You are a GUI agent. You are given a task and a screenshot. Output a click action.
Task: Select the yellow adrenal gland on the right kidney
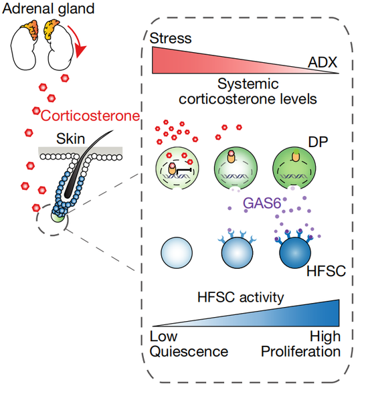click(x=51, y=29)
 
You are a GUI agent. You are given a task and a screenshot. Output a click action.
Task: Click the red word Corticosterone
click(x=90, y=116)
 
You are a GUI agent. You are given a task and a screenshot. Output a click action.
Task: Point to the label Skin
click(x=70, y=139)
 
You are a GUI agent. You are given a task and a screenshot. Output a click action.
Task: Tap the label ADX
click(x=323, y=62)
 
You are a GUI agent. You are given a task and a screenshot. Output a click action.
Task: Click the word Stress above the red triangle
click(x=171, y=39)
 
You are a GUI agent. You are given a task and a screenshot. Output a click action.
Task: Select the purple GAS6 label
click(x=262, y=203)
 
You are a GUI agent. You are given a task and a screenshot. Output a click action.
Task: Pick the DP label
click(x=318, y=142)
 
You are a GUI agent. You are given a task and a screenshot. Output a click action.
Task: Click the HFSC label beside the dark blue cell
click(x=326, y=271)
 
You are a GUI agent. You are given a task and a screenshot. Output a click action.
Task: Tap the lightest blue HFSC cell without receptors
click(x=177, y=253)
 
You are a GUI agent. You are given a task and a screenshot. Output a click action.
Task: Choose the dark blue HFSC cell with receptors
click(x=295, y=253)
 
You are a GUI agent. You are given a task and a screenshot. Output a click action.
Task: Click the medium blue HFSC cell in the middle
click(x=238, y=253)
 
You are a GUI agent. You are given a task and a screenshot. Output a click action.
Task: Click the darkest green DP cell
click(x=294, y=169)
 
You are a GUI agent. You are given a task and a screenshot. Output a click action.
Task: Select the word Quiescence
click(x=189, y=352)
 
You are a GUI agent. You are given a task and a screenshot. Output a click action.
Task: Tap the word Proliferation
click(x=300, y=352)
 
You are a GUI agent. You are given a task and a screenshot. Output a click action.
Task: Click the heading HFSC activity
click(x=241, y=298)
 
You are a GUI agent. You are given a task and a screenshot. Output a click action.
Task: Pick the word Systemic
click(x=248, y=84)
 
